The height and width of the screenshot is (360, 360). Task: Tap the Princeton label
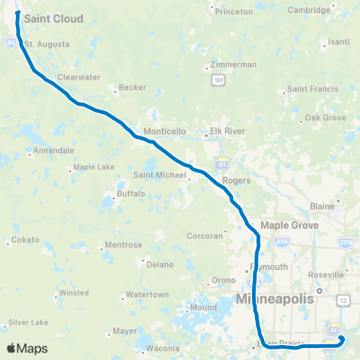point(234,12)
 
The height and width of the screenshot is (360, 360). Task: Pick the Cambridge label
point(310,10)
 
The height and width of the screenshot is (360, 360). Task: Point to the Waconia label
point(163,348)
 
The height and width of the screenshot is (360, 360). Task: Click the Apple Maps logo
point(27,348)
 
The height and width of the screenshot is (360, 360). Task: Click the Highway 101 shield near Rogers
point(221,163)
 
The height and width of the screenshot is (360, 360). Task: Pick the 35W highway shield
point(345,241)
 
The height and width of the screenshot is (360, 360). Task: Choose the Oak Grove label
point(325,118)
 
